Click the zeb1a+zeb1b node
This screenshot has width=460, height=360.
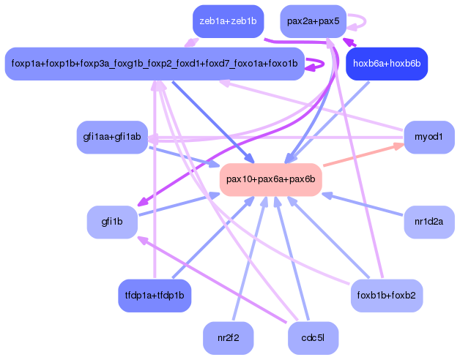click(x=228, y=21)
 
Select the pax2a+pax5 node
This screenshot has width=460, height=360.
click(x=313, y=21)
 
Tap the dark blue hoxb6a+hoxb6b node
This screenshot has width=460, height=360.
click(x=386, y=64)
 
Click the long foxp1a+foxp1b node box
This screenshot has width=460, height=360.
click(x=154, y=64)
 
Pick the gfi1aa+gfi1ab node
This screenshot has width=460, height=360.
click(x=112, y=138)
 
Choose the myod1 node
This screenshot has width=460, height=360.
click(x=429, y=138)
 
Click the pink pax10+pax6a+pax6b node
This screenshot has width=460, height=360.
click(x=270, y=179)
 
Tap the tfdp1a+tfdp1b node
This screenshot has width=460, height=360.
click(x=155, y=296)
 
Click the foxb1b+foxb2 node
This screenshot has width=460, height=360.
click(x=386, y=296)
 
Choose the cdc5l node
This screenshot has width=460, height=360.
click(x=314, y=338)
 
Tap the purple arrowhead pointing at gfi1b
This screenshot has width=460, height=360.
click(x=142, y=204)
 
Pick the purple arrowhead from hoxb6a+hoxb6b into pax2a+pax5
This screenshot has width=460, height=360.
click(x=348, y=42)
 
